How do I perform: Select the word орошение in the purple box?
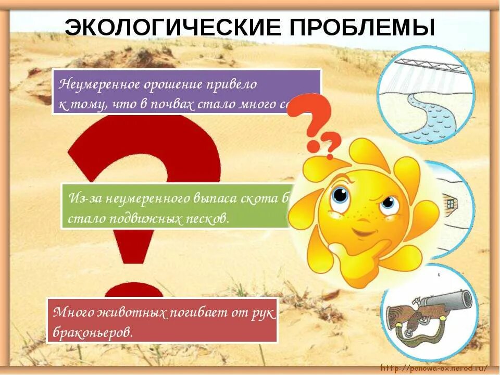pos(171,83)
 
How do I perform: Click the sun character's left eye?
pos(340,196)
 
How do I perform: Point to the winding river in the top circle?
pos(427,112)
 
